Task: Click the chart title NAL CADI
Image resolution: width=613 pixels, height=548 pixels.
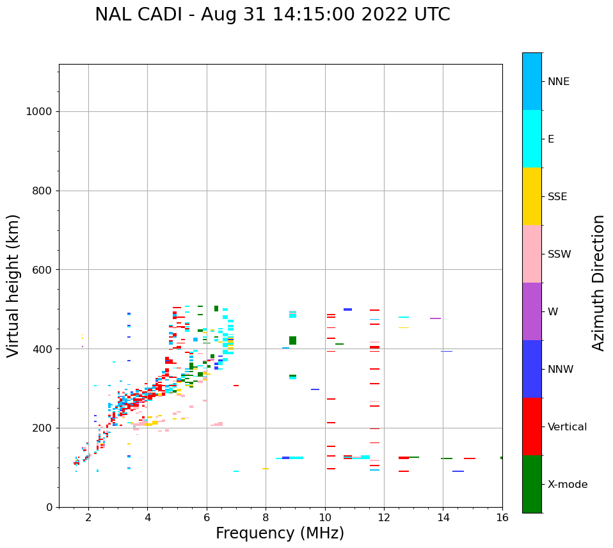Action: tap(272, 15)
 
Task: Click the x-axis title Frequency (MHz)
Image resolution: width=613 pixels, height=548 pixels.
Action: tap(280, 533)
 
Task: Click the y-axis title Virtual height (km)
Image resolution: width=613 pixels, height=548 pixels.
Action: tap(14, 285)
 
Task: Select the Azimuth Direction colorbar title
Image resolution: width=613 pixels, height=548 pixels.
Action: tap(598, 283)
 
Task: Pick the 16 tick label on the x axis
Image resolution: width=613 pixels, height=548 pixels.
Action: tap(502, 517)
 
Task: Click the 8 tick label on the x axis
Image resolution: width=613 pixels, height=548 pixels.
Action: tap(266, 517)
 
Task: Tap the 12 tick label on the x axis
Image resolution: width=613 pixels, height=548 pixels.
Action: tap(384, 517)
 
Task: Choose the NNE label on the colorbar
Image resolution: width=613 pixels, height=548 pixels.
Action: tap(559, 82)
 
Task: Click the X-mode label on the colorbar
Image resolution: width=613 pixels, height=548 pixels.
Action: tap(568, 485)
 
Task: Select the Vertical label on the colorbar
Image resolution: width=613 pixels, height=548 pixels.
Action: tap(568, 427)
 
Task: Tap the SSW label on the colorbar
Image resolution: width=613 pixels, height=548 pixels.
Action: tap(559, 254)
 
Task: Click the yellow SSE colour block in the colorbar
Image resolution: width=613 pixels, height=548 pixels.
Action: tap(532, 196)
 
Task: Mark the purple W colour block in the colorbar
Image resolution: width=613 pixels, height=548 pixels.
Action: tap(532, 311)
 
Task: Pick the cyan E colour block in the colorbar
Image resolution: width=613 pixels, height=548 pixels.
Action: tap(532, 139)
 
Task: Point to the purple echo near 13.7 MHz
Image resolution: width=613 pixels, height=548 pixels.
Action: tap(435, 318)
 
